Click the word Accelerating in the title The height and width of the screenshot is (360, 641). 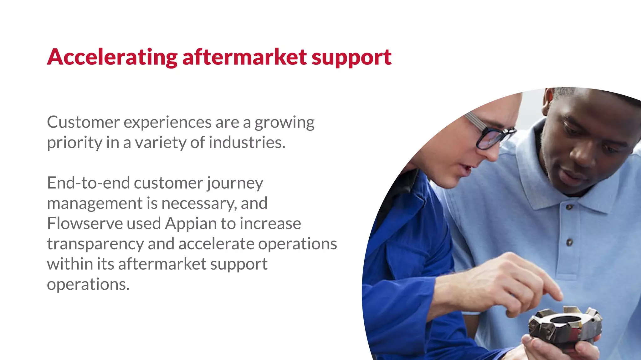(x=112, y=57)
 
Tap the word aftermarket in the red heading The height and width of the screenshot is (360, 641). (x=244, y=57)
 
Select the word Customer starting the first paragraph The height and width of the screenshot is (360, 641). (x=83, y=122)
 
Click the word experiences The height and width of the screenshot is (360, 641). (x=167, y=122)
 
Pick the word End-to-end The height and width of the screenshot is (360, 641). (x=88, y=183)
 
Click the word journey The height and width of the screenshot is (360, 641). (x=235, y=183)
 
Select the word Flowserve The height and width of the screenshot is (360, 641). (x=85, y=224)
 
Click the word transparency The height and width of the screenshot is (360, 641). (x=95, y=244)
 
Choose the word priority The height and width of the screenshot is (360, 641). (x=74, y=143)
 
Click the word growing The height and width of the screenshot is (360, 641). (x=284, y=122)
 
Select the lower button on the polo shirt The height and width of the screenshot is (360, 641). (x=569, y=242)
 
